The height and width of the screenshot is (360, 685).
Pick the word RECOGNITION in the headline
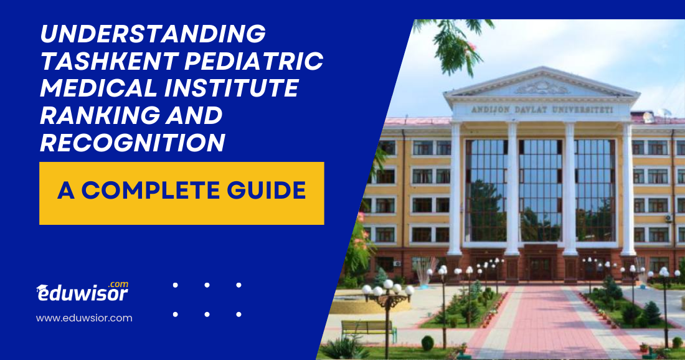[132, 143]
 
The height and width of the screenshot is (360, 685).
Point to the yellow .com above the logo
[118, 284]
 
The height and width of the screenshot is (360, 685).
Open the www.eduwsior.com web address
[84, 318]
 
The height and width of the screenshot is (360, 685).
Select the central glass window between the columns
[541, 187]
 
